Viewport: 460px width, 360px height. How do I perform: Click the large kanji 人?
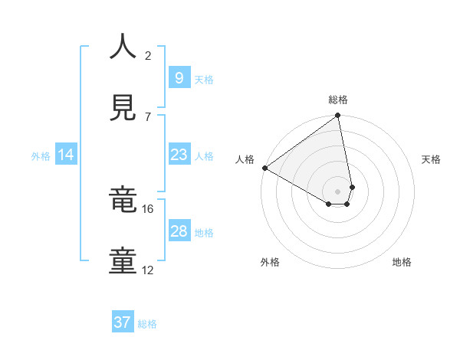(123, 47)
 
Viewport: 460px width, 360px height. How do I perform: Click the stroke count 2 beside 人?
(148, 55)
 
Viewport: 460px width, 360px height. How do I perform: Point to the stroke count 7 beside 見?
(148, 116)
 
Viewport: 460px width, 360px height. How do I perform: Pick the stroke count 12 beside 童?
(148, 270)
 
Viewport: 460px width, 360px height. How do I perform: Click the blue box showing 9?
(179, 77)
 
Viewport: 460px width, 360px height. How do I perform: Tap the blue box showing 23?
(179, 155)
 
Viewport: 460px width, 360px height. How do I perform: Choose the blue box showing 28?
(179, 231)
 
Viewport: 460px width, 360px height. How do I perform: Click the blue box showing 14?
(66, 155)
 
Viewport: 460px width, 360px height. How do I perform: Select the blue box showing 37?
(122, 322)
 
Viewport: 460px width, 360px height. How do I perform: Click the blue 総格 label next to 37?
(147, 324)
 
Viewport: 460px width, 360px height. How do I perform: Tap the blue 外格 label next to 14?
(41, 156)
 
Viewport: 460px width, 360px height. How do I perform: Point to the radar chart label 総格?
(338, 100)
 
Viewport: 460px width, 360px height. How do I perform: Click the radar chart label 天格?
(432, 159)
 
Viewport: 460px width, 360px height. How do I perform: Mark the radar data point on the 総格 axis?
(338, 116)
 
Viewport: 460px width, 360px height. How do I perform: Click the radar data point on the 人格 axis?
(264, 168)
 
